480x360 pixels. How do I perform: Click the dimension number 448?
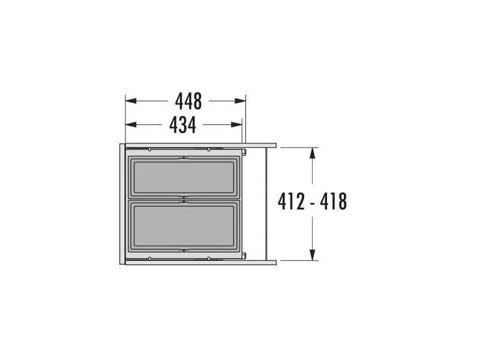[188, 101]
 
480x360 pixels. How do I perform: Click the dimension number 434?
[182, 125]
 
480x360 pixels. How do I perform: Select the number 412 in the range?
[291, 202]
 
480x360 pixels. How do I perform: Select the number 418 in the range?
[334, 202]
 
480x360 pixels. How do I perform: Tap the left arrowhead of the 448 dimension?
[131, 101]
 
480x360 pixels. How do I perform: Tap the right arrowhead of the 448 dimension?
[241, 101]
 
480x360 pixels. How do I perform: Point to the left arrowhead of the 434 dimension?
[131, 125]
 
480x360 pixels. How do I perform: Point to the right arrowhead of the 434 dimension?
[236, 125]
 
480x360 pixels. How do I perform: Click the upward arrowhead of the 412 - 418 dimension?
[312, 153]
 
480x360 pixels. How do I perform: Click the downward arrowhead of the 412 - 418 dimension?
[312, 255]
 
